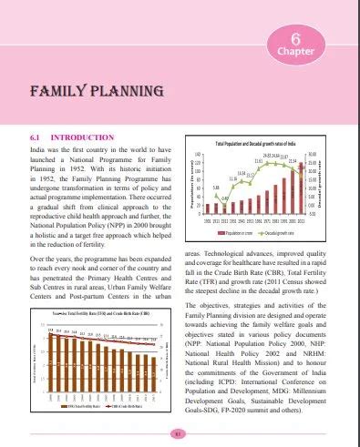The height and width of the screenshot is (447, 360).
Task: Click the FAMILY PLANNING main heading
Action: (85, 93)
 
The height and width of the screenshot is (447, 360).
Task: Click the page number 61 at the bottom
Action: (180, 433)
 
